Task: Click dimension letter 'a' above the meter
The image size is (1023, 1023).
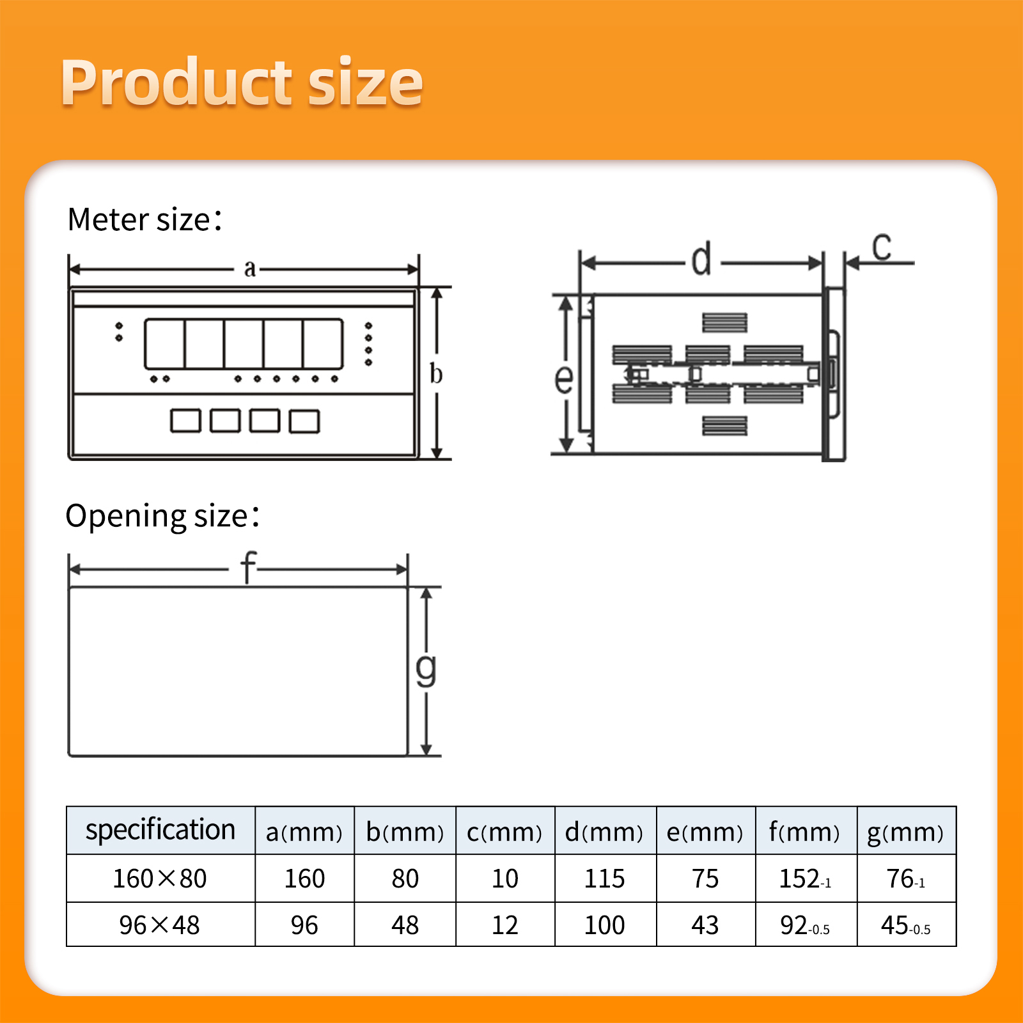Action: click(x=250, y=269)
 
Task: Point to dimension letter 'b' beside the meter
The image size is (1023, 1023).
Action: click(x=436, y=373)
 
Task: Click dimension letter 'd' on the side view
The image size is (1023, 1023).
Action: click(x=701, y=258)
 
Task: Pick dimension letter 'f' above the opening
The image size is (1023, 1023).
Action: click(x=248, y=566)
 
